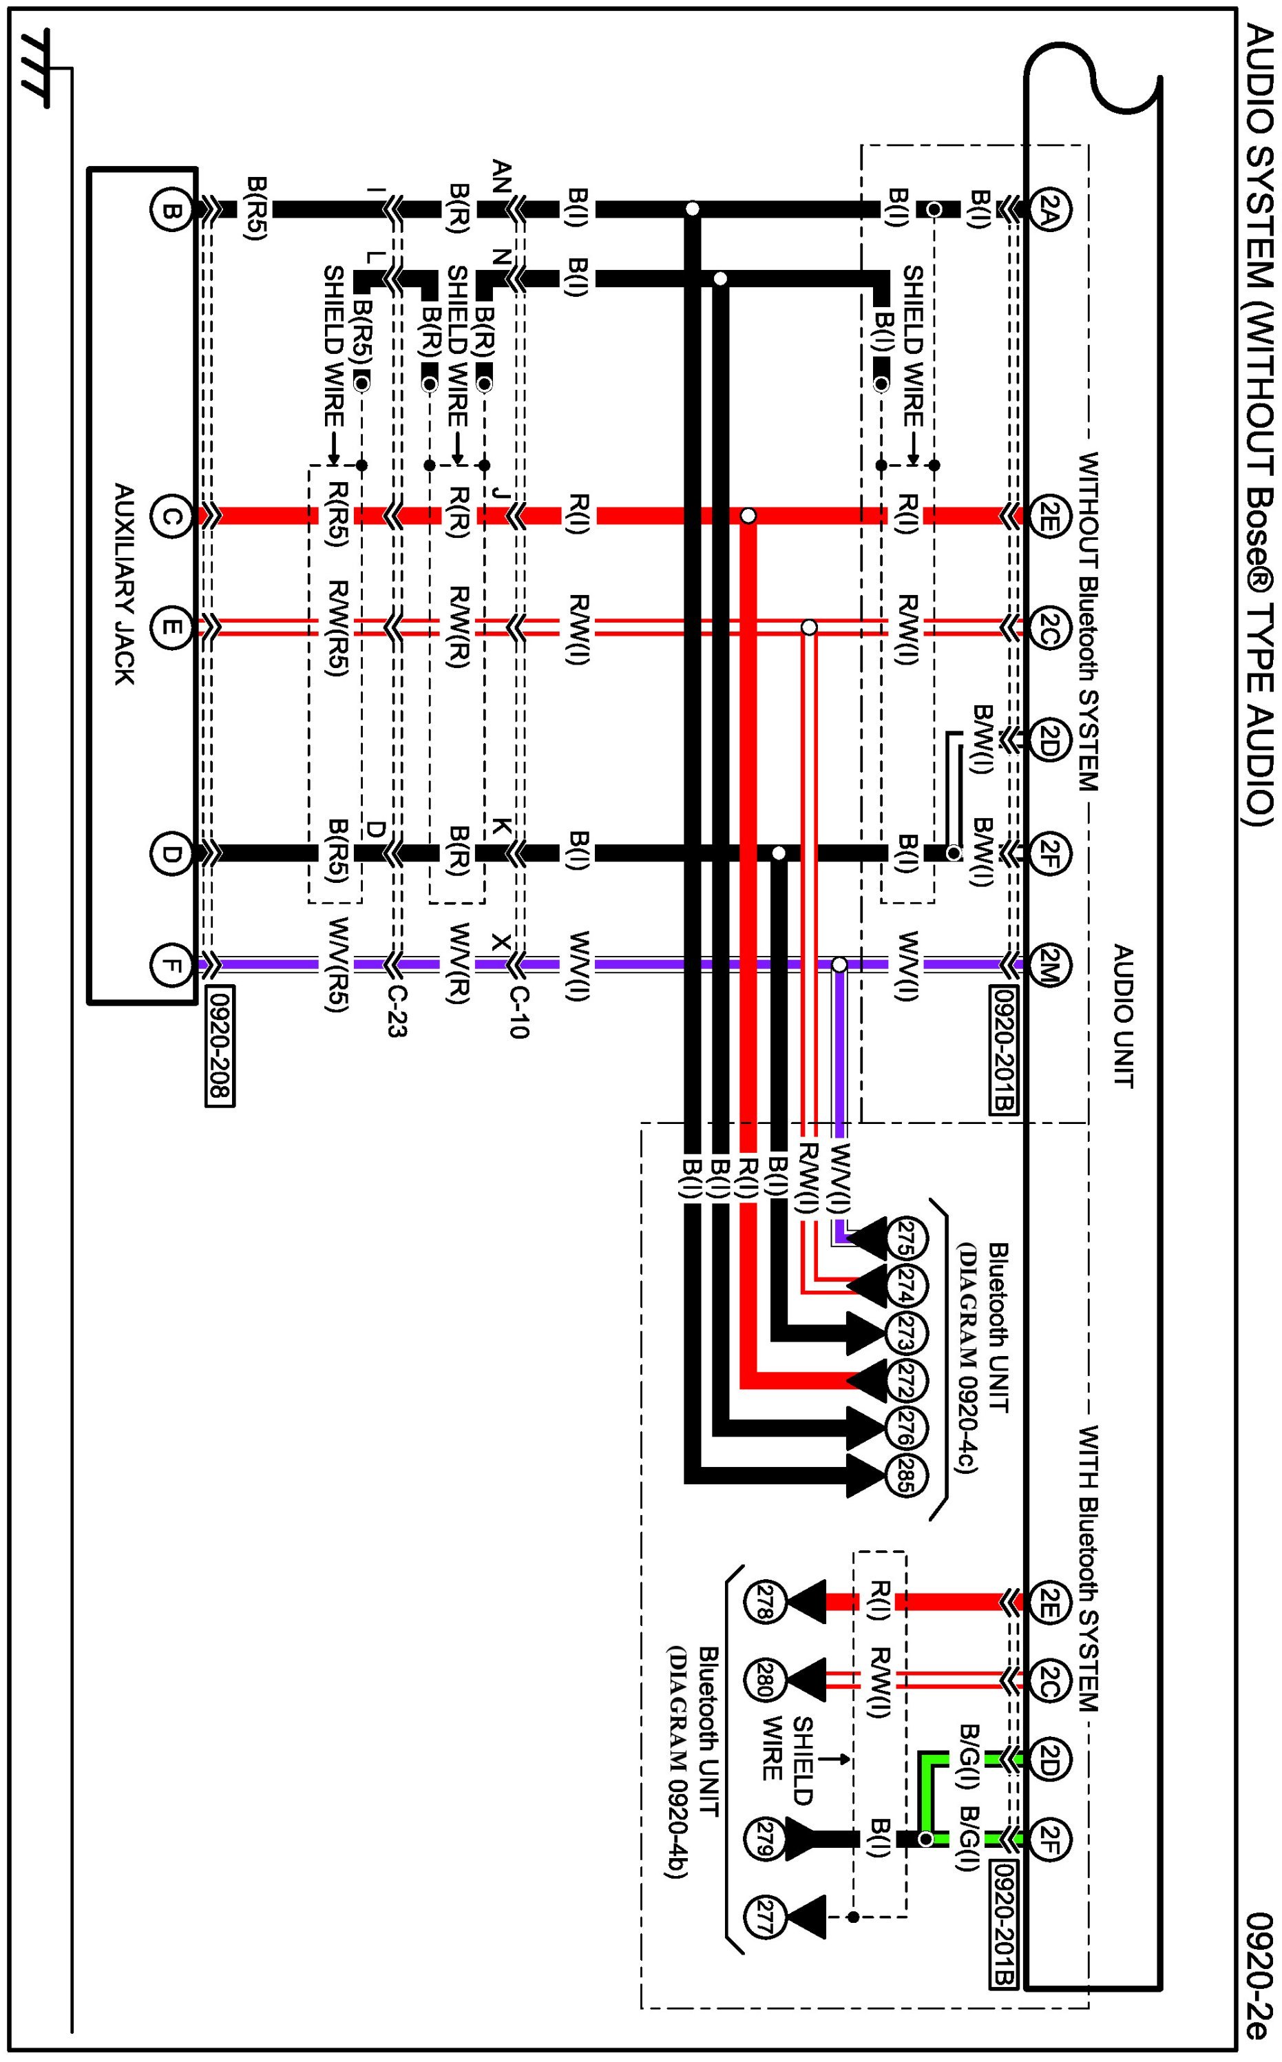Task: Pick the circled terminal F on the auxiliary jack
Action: tap(171, 964)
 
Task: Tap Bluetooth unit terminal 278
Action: tap(764, 1602)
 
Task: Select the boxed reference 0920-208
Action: tap(220, 1045)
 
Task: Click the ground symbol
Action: tap(36, 70)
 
